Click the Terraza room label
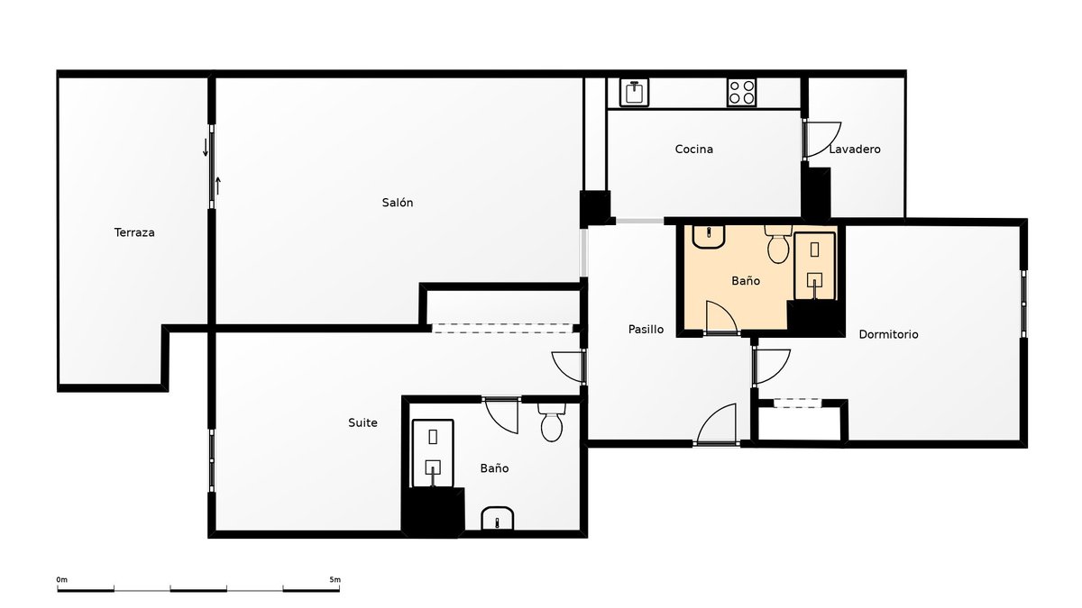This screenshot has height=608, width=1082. [x=134, y=232]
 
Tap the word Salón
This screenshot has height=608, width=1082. [x=398, y=203]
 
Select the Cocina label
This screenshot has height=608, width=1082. [x=694, y=150]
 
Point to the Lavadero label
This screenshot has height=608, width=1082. [x=855, y=150]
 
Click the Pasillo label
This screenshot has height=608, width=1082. [x=646, y=329]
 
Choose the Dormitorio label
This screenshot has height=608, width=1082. [x=888, y=334]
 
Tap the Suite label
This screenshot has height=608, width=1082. [x=362, y=422]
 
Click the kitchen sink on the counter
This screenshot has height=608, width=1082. [x=634, y=92]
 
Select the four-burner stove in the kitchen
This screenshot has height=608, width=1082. [x=742, y=92]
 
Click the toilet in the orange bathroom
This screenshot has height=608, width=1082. [x=778, y=244]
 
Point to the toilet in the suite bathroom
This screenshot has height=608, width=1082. [x=552, y=422]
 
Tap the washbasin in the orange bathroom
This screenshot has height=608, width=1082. [x=709, y=236]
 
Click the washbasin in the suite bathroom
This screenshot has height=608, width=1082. [x=498, y=518]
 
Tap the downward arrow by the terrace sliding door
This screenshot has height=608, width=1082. [x=206, y=147]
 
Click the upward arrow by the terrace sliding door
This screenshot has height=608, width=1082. [x=218, y=186]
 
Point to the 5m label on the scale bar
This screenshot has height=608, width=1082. [x=335, y=579]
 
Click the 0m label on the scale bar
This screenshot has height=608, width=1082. [x=62, y=579]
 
